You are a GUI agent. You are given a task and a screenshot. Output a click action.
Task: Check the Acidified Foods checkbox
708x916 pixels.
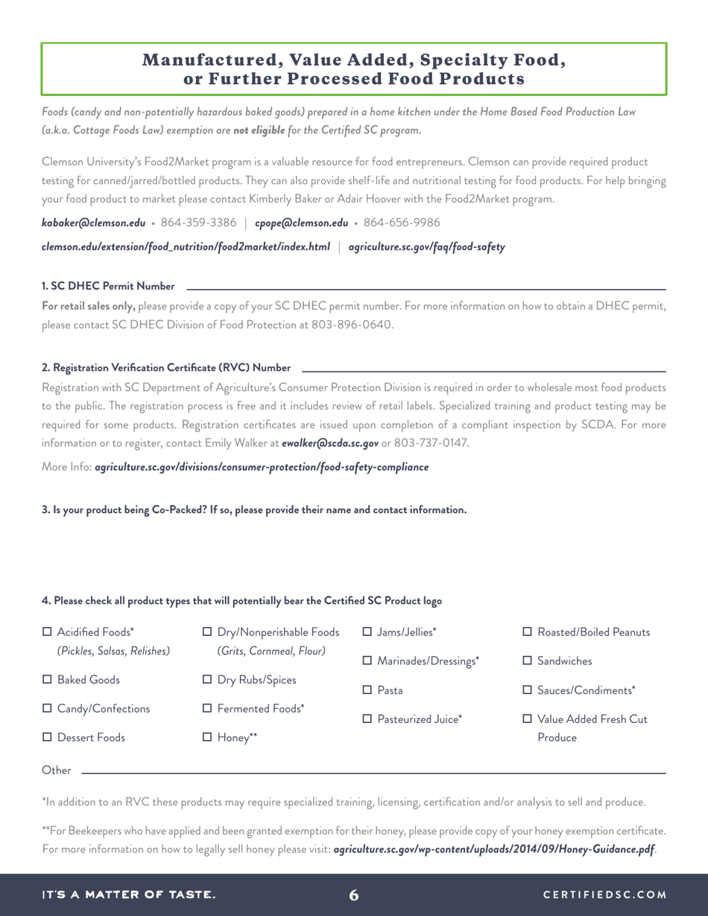47,632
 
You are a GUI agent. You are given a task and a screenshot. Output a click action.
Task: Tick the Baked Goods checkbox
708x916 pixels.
47,680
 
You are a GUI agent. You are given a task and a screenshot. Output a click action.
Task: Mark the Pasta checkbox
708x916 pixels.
367,690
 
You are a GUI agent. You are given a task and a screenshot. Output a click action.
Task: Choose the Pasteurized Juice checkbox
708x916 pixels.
367,719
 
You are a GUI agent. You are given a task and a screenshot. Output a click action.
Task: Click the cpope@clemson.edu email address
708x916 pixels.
301,223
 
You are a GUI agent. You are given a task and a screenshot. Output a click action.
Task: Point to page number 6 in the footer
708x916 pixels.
354,894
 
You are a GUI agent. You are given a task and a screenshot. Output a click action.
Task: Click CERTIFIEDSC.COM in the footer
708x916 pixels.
604,894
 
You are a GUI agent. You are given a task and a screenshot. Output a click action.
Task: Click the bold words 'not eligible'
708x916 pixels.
259,130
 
